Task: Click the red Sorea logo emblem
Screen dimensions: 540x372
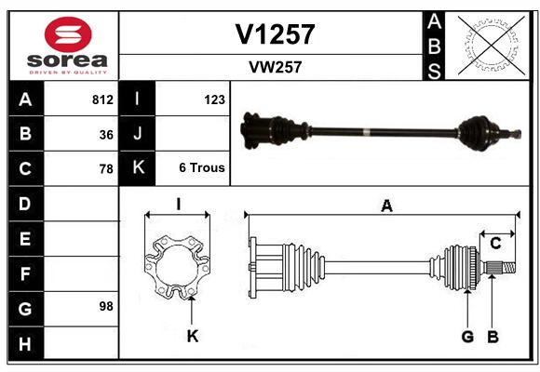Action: [x=68, y=34]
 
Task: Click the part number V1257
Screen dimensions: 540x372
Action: [x=275, y=34]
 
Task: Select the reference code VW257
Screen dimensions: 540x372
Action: [x=276, y=67]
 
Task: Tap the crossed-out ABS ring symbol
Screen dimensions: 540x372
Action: [x=492, y=46]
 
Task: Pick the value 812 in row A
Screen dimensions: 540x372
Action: [x=102, y=100]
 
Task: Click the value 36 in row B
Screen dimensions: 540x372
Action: [x=106, y=135]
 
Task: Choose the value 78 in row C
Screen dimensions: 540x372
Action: [x=106, y=169]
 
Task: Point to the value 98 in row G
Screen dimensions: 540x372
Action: [x=106, y=306]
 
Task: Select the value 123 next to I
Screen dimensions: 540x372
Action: [x=214, y=100]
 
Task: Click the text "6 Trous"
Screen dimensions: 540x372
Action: [x=202, y=167]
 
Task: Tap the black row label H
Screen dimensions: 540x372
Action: [x=26, y=343]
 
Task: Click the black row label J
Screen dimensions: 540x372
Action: [x=137, y=133]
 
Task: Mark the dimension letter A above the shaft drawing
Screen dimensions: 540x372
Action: [x=386, y=206]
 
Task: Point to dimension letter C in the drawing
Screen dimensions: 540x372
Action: [x=495, y=244]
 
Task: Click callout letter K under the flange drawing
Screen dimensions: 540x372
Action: [x=193, y=336]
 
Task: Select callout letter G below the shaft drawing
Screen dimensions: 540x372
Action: [x=467, y=337]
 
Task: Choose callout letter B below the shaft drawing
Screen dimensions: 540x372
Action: [x=493, y=337]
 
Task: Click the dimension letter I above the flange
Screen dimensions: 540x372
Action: [x=179, y=204]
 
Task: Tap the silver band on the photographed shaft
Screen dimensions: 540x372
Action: [x=367, y=132]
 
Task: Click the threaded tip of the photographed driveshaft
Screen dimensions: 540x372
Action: [x=516, y=134]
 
